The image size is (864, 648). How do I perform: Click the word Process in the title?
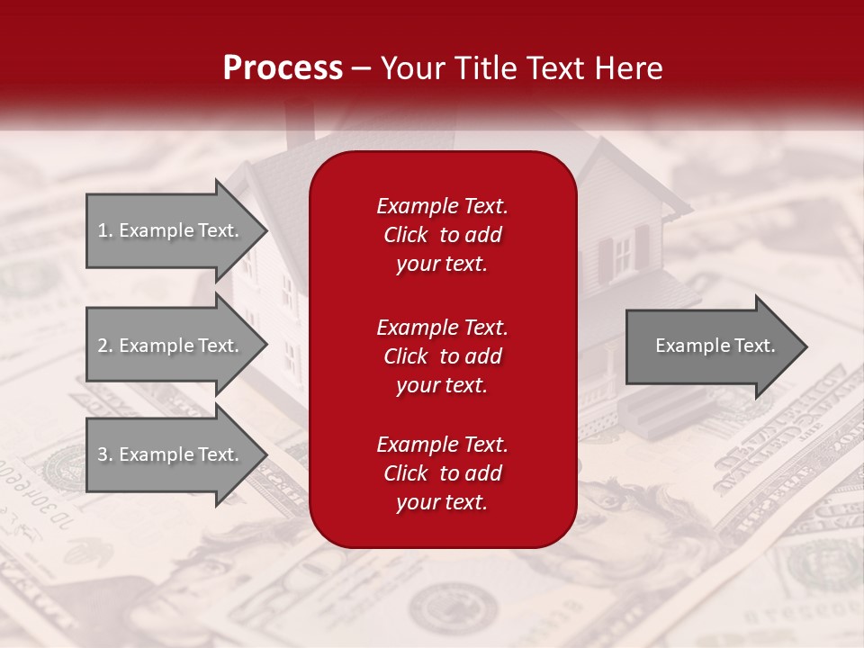click(x=282, y=68)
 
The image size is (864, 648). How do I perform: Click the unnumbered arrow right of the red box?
click(x=711, y=346)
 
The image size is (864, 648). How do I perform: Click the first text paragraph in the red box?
click(x=442, y=235)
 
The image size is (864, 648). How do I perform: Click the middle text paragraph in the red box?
click(x=442, y=356)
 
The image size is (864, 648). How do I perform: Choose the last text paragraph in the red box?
click(x=442, y=473)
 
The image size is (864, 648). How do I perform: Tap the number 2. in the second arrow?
click(x=104, y=346)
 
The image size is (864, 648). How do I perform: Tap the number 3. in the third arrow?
click(x=104, y=454)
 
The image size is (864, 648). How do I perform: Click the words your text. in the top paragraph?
click(x=442, y=265)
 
